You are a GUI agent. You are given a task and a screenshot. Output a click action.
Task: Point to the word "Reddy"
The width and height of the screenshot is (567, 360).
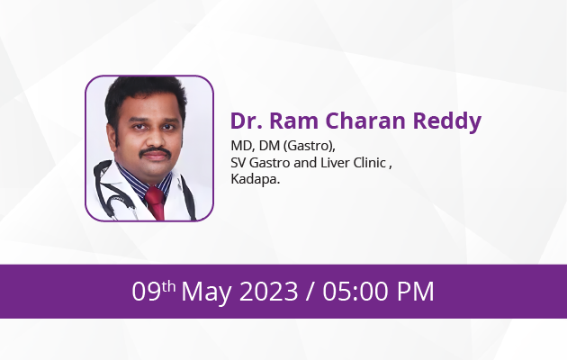[447, 122]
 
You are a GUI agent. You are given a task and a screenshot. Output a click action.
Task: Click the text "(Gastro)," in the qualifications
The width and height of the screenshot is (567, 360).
[310, 146]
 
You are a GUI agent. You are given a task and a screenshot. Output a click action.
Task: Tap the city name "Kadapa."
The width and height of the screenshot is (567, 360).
[256, 179]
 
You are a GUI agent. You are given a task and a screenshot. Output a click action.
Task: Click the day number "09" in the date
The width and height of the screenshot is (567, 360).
[146, 292]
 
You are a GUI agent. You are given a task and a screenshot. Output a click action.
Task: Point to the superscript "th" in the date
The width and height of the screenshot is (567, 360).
[168, 286]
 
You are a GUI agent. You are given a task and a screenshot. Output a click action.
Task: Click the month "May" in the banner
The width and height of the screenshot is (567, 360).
[207, 292]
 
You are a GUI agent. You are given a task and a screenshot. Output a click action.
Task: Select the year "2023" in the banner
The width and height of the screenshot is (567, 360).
[269, 292]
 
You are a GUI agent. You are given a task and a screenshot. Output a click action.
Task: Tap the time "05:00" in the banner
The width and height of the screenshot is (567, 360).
[355, 292]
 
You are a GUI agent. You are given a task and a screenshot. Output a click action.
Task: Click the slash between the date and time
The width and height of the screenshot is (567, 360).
[310, 292]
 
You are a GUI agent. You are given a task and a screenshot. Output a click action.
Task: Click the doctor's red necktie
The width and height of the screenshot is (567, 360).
[156, 203]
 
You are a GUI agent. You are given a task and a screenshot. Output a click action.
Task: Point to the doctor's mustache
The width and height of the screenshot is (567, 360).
[156, 152]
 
